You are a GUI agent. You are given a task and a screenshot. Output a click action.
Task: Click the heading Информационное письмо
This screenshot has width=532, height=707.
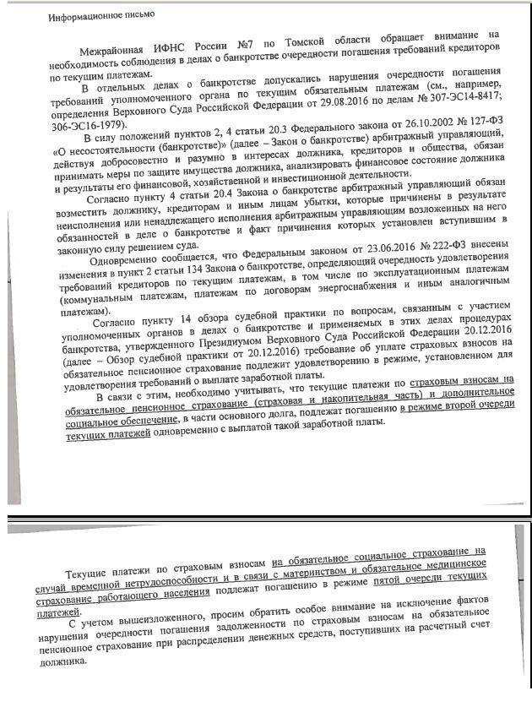pyautogui.click(x=95, y=17)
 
